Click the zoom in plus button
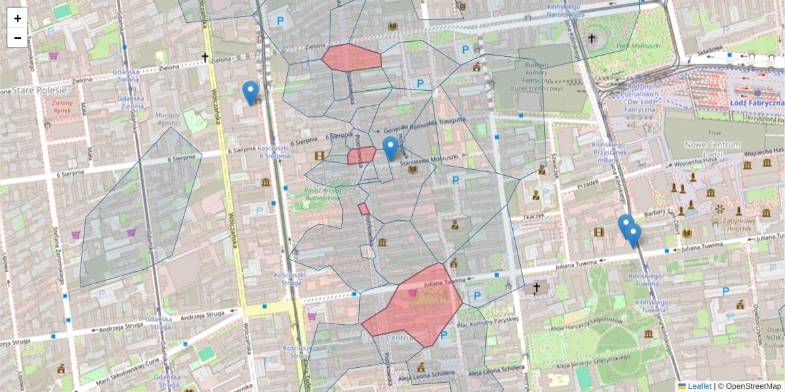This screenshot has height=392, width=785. (18, 18)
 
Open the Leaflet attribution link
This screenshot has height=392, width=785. (699, 386)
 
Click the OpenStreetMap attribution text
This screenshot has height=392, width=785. (752, 386)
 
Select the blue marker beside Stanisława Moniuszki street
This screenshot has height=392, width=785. (390, 148)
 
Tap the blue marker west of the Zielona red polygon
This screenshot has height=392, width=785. (250, 91)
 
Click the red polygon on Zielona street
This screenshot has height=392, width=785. (351, 57)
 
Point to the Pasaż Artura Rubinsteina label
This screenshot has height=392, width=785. (321, 194)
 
